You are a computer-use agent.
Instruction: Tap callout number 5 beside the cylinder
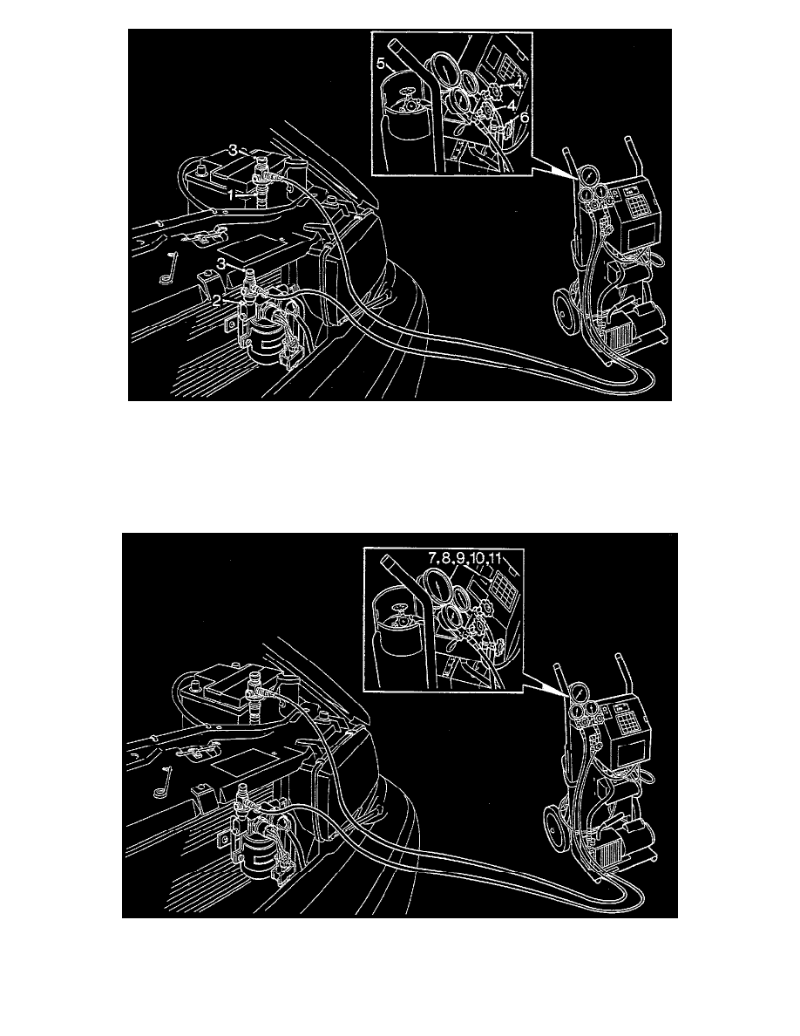381,64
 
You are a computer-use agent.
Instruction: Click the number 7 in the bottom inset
431,555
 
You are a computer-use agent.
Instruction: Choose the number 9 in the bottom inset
458,555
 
